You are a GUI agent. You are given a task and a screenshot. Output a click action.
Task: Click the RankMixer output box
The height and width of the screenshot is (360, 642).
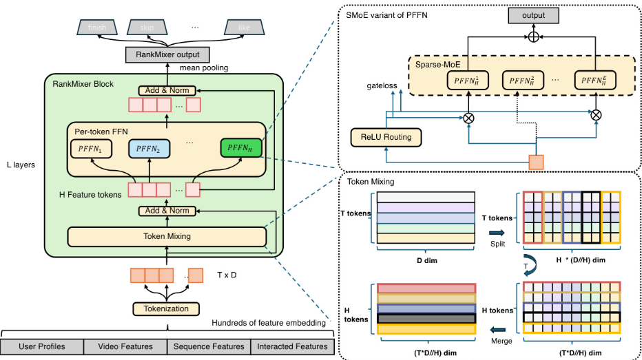tap(168, 54)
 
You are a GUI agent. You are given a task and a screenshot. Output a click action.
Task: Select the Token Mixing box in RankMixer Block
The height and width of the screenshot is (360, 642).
tap(167, 236)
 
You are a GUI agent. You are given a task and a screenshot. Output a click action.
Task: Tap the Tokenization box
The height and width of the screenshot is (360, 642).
tap(167, 309)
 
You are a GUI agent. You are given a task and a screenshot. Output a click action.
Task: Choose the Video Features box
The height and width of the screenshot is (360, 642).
tap(125, 346)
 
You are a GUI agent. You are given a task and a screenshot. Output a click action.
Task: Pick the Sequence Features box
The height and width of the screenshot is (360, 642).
tap(209, 346)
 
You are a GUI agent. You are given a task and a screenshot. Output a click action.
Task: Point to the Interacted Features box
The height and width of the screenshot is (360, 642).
tap(292, 346)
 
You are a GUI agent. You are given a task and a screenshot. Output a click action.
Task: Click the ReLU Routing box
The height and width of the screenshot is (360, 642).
tap(386, 137)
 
